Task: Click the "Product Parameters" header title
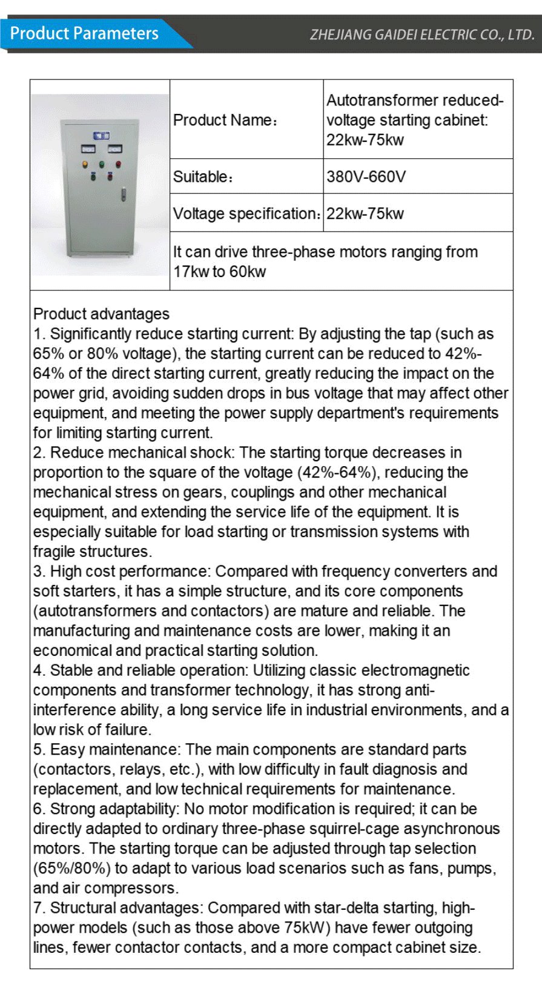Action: coord(84,33)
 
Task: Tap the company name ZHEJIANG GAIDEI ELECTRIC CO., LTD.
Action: coord(422,35)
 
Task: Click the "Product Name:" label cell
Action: coord(225,120)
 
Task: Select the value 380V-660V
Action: coord(366,177)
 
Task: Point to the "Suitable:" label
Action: coord(202,177)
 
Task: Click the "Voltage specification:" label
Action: coord(246,214)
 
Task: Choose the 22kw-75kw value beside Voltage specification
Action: coord(365,214)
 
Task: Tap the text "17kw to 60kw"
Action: coord(219,272)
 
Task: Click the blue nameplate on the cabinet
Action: coord(101,135)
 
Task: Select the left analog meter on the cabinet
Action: coord(88,149)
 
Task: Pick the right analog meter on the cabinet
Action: coord(114,149)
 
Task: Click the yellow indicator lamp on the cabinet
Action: coord(85,164)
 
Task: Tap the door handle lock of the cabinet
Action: coord(124,194)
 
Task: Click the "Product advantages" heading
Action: coord(101,314)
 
